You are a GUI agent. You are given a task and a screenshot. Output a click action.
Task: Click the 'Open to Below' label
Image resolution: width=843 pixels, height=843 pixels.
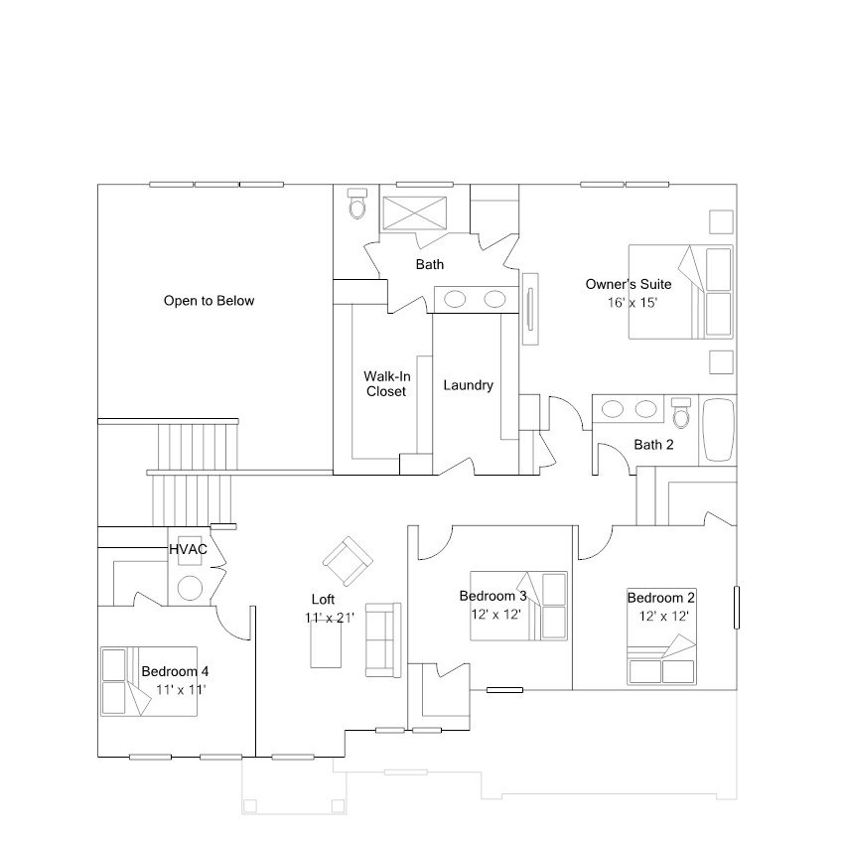[x=209, y=301]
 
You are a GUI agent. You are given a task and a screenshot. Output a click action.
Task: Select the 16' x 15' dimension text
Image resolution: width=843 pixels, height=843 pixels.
[x=632, y=302]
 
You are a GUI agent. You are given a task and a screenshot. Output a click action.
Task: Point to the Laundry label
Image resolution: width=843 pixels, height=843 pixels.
[x=468, y=385]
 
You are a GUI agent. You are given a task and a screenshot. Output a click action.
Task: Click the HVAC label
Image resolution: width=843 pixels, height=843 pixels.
[x=188, y=548]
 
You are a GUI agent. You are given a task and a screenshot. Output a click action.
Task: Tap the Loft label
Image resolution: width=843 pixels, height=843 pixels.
[x=323, y=600]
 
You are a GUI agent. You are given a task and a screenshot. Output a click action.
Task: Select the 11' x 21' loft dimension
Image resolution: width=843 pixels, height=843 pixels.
[x=330, y=618]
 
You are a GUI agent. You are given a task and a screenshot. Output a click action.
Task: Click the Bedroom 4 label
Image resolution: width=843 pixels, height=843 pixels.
[x=175, y=670]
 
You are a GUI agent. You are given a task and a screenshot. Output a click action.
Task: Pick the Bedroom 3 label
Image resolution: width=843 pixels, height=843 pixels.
[x=492, y=596]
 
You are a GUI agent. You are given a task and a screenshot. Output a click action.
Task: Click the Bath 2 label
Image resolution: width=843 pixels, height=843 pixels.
[x=653, y=445]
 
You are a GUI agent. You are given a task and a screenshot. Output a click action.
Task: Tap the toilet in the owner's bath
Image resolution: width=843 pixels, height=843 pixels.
[x=357, y=205]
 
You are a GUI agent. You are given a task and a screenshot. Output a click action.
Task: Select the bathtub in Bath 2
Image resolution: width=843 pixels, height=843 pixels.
[x=718, y=429]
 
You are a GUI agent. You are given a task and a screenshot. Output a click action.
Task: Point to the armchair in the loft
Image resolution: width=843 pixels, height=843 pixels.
[x=347, y=561]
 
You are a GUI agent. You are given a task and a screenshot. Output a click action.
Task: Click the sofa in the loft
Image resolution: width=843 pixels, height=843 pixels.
[x=382, y=636]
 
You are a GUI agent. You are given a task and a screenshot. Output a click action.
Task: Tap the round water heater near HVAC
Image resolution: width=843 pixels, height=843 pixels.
[x=190, y=588]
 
